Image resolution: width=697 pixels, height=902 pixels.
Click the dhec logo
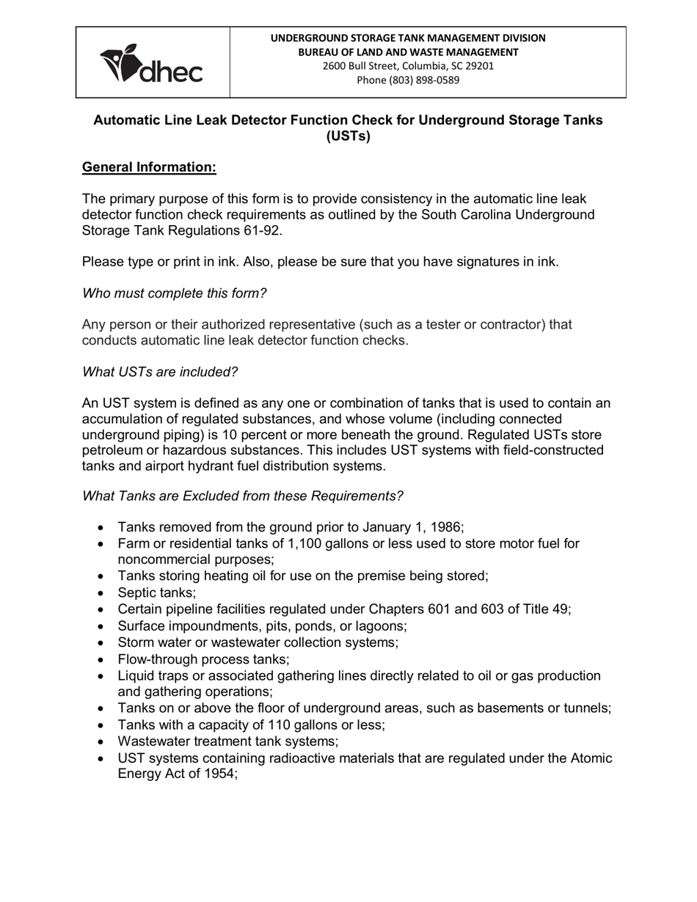pos(152,64)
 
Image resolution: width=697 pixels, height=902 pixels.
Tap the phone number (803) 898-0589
pos(408,80)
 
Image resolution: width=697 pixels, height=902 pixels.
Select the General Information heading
pos(149,167)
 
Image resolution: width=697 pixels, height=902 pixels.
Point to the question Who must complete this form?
pos(174,293)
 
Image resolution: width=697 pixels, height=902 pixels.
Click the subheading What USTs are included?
pos(160,372)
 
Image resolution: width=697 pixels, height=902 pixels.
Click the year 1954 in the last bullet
pos(218,774)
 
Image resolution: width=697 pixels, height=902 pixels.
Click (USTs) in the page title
pos(348,136)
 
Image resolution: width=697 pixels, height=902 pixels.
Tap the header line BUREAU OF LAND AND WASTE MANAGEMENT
pos(408,51)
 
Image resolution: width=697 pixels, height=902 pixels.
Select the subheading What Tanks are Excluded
pos(242,496)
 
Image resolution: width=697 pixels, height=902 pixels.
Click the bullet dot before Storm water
pos(101,643)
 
